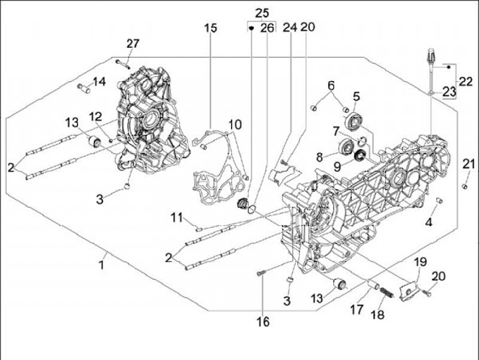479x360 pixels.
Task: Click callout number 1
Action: tap(102, 265)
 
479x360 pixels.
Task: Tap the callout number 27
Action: tap(133, 44)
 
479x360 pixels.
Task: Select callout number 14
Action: tap(99, 82)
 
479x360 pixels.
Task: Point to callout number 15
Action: tap(210, 29)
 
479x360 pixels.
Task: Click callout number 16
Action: tap(263, 322)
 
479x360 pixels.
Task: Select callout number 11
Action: tap(176, 217)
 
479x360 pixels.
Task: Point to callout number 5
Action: tap(356, 96)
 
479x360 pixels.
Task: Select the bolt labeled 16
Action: tap(260, 273)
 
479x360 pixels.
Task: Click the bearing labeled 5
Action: tap(354, 121)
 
